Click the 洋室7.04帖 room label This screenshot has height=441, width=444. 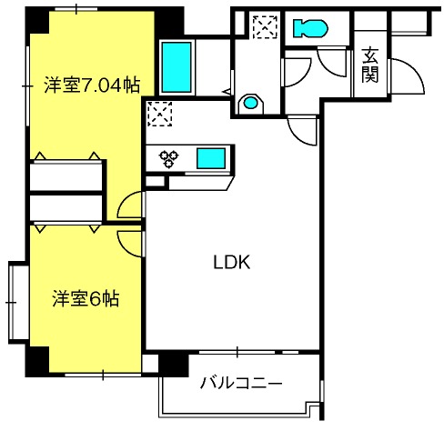coord(92,86)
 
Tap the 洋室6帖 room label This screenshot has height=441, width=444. coord(85,297)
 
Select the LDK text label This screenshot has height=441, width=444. coord(231,264)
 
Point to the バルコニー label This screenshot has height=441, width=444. coord(241,383)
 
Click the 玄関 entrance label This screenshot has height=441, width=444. coord(369,65)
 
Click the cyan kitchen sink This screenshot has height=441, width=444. coord(215,158)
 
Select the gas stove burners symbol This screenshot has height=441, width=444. coord(170,159)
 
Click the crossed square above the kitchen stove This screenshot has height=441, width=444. coord(158,114)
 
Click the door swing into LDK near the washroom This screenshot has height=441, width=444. coord(303,132)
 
